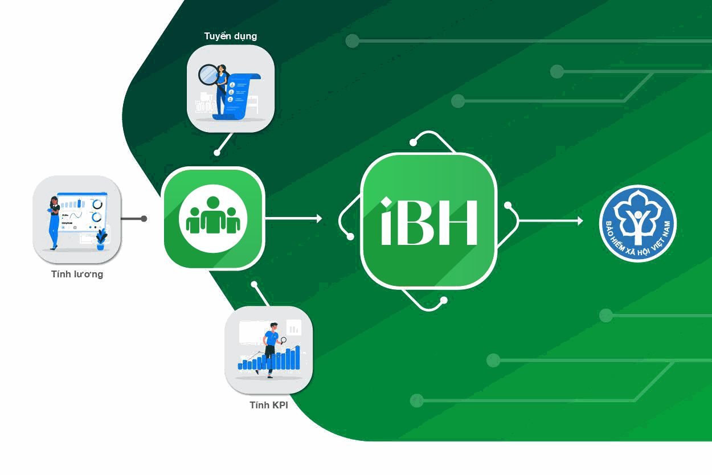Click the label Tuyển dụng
point(230,36)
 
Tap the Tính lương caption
point(77,275)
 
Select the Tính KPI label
point(269,405)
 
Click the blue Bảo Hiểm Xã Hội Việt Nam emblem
point(637,223)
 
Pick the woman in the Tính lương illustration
point(54,222)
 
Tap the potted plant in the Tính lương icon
point(101,239)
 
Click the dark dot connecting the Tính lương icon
point(144,219)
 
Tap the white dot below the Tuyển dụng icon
point(217,153)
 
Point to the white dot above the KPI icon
point(254,284)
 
